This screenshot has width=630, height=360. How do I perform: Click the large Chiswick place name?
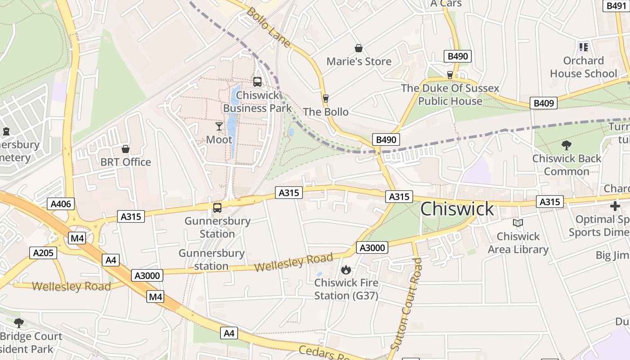click(457, 209)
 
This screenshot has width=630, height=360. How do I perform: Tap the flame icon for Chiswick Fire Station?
click(346, 270)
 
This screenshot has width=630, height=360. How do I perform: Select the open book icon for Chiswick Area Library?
click(518, 223)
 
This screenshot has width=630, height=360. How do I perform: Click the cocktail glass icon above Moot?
click(219, 126)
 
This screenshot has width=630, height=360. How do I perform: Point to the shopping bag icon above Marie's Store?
click(359, 48)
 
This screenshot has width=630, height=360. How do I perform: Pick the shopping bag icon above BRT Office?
click(126, 148)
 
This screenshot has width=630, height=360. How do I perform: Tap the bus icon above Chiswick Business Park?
click(257, 81)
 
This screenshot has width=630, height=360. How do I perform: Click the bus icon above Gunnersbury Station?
click(217, 207)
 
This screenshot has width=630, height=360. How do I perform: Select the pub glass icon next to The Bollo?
click(326, 98)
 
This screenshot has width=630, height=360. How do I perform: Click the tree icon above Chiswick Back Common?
click(567, 145)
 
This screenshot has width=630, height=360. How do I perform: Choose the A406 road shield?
click(61, 204)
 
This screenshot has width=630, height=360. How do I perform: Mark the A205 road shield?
click(44, 253)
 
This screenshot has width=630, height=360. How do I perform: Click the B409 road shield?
click(543, 103)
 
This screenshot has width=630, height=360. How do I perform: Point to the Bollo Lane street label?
click(269, 27)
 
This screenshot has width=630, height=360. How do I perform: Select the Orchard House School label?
click(584, 67)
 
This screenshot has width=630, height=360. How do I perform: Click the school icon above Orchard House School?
click(584, 47)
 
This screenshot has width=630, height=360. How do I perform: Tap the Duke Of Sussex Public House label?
click(450, 94)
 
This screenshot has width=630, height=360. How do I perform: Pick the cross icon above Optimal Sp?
click(615, 206)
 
